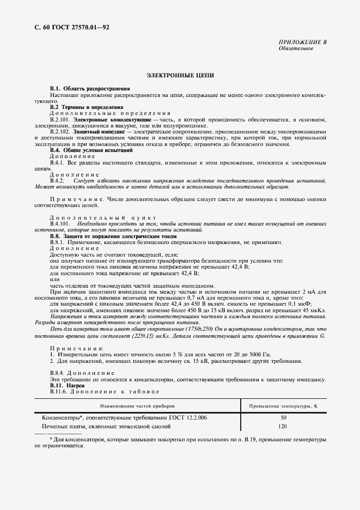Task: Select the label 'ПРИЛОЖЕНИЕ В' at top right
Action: [x=302, y=42]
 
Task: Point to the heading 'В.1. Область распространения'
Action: [x=90, y=88]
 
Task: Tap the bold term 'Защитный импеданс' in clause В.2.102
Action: [x=103, y=132]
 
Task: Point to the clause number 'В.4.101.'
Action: [x=60, y=223]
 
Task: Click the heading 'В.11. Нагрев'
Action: [x=68, y=385]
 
